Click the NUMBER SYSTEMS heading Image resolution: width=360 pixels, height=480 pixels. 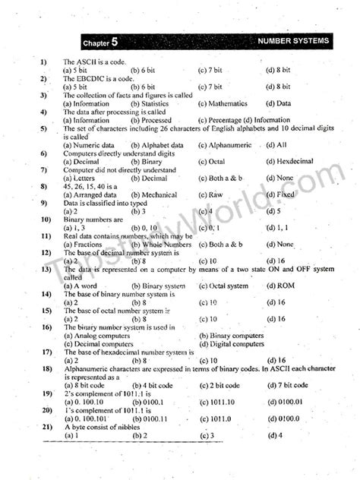[x=293, y=40]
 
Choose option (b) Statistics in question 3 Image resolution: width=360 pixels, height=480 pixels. [x=150, y=103]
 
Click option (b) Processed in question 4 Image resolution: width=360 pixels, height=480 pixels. [x=151, y=120]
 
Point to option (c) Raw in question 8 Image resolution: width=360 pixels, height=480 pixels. [x=210, y=194]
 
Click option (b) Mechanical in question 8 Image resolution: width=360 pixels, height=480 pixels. [x=154, y=194]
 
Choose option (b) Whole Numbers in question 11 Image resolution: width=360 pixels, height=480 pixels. [x=161, y=245]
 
